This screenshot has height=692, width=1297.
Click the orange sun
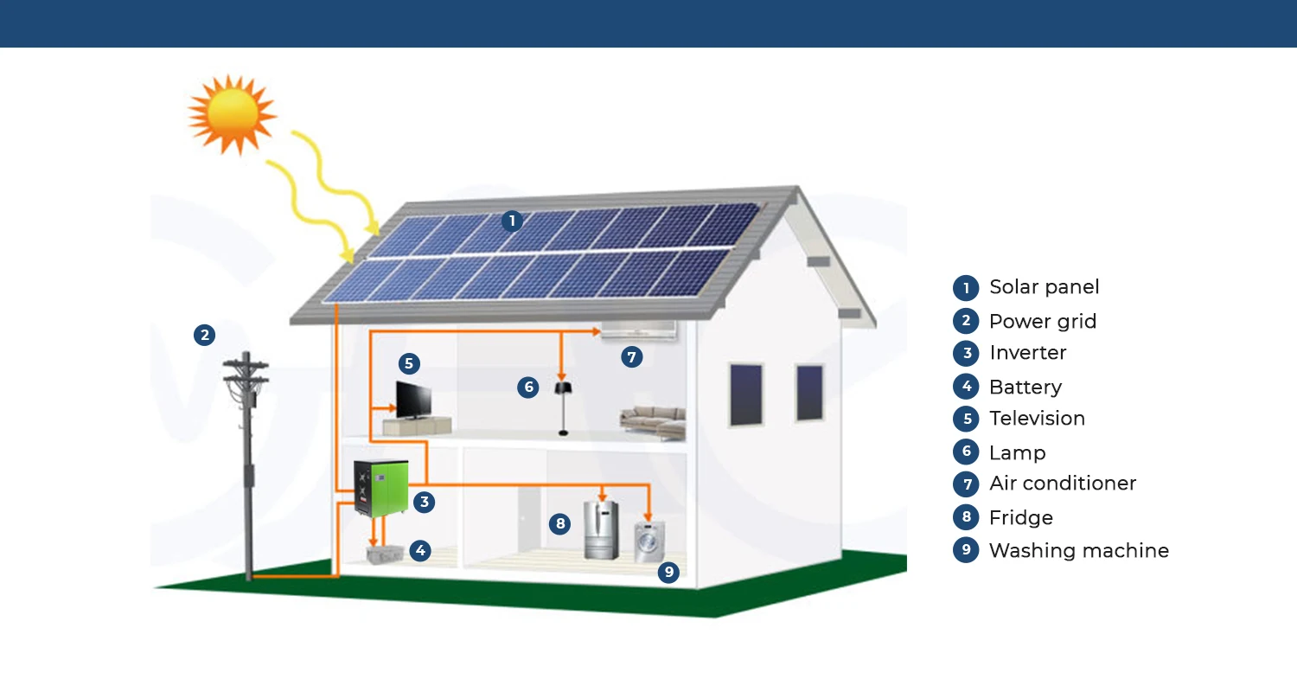coord(232,113)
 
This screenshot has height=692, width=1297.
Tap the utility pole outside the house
coord(247,467)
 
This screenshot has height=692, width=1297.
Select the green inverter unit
coord(381,490)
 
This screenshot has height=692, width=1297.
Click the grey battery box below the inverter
coord(386,554)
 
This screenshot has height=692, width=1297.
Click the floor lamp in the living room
coord(563,407)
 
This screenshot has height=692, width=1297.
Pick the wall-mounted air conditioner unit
coord(638,330)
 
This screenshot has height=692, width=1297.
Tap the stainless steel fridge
coord(602,529)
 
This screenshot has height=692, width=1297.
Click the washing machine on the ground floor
coord(649,542)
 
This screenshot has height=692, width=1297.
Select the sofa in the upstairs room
coord(653,421)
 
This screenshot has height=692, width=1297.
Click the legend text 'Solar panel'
coord(1044,287)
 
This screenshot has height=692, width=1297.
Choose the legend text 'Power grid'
coord(1042,322)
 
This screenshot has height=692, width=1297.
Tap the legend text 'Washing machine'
coord(1078,551)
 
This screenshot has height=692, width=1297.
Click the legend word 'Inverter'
coord(1027,353)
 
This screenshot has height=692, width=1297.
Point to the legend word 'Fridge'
coord(1020,518)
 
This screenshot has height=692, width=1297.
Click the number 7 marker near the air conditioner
coord(632,356)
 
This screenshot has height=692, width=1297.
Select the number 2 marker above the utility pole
coord(204,335)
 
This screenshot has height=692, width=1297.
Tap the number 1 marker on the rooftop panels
coord(512,221)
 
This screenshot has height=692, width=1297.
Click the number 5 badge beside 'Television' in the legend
coord(966,419)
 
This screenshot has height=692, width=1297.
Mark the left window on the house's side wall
coord(745,394)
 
